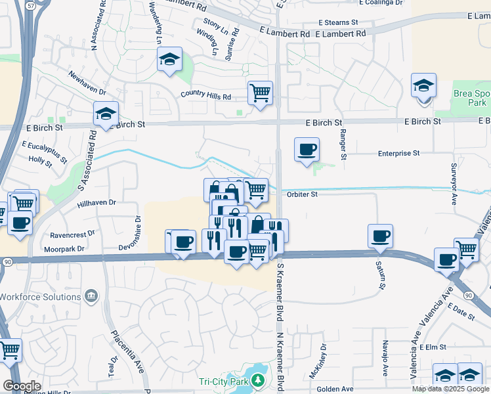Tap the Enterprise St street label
tap(398, 153)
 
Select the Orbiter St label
tap(302, 194)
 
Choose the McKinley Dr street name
tap(323, 361)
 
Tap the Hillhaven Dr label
tap(96, 204)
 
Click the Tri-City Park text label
tap(224, 381)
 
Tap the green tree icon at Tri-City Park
tap(259, 380)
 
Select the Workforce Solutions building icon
tap(91, 296)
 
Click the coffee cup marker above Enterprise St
tap(307, 150)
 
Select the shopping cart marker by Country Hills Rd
tap(260, 93)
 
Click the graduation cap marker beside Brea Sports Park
tap(423, 86)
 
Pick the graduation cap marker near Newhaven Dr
tap(170, 60)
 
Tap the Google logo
tap(22, 385)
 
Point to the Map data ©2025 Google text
tap(450, 389)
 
